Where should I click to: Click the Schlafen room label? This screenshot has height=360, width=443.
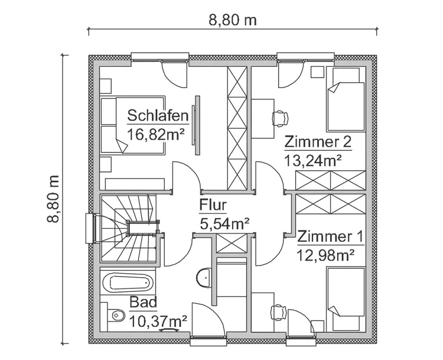[158, 115]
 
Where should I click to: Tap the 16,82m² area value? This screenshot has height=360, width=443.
[156, 134]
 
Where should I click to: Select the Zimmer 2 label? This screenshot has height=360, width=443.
[318, 142]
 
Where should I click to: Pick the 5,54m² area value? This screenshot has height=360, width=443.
[223, 223]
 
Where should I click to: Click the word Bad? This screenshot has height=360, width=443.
[143, 303]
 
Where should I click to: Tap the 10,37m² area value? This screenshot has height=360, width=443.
[158, 321]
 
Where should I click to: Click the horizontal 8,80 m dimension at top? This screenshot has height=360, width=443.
[233, 20]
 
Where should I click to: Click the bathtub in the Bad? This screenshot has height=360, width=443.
[128, 283]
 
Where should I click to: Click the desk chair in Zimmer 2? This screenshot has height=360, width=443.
[279, 117]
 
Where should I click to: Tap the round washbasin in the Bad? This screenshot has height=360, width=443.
[202, 277]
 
